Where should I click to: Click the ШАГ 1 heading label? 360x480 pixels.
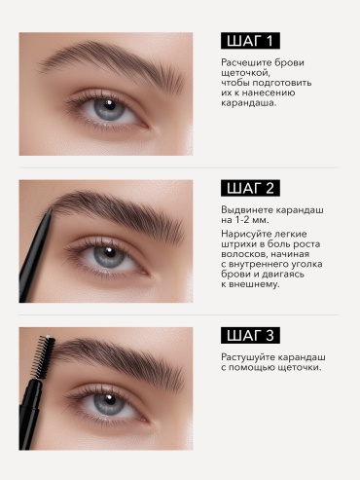(x=250, y=41)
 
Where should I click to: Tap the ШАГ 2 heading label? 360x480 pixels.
(x=250, y=188)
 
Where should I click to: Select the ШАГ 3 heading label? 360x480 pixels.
(x=250, y=335)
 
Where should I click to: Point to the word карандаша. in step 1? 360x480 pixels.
(x=249, y=103)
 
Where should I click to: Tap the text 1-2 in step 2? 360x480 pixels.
(x=241, y=220)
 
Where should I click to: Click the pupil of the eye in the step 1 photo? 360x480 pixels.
(x=110, y=106)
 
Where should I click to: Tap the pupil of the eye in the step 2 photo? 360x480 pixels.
(x=110, y=253)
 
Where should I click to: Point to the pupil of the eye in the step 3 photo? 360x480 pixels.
(x=110, y=400)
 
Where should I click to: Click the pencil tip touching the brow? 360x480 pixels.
(x=50, y=211)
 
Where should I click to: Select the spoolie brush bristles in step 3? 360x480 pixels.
(x=45, y=356)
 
